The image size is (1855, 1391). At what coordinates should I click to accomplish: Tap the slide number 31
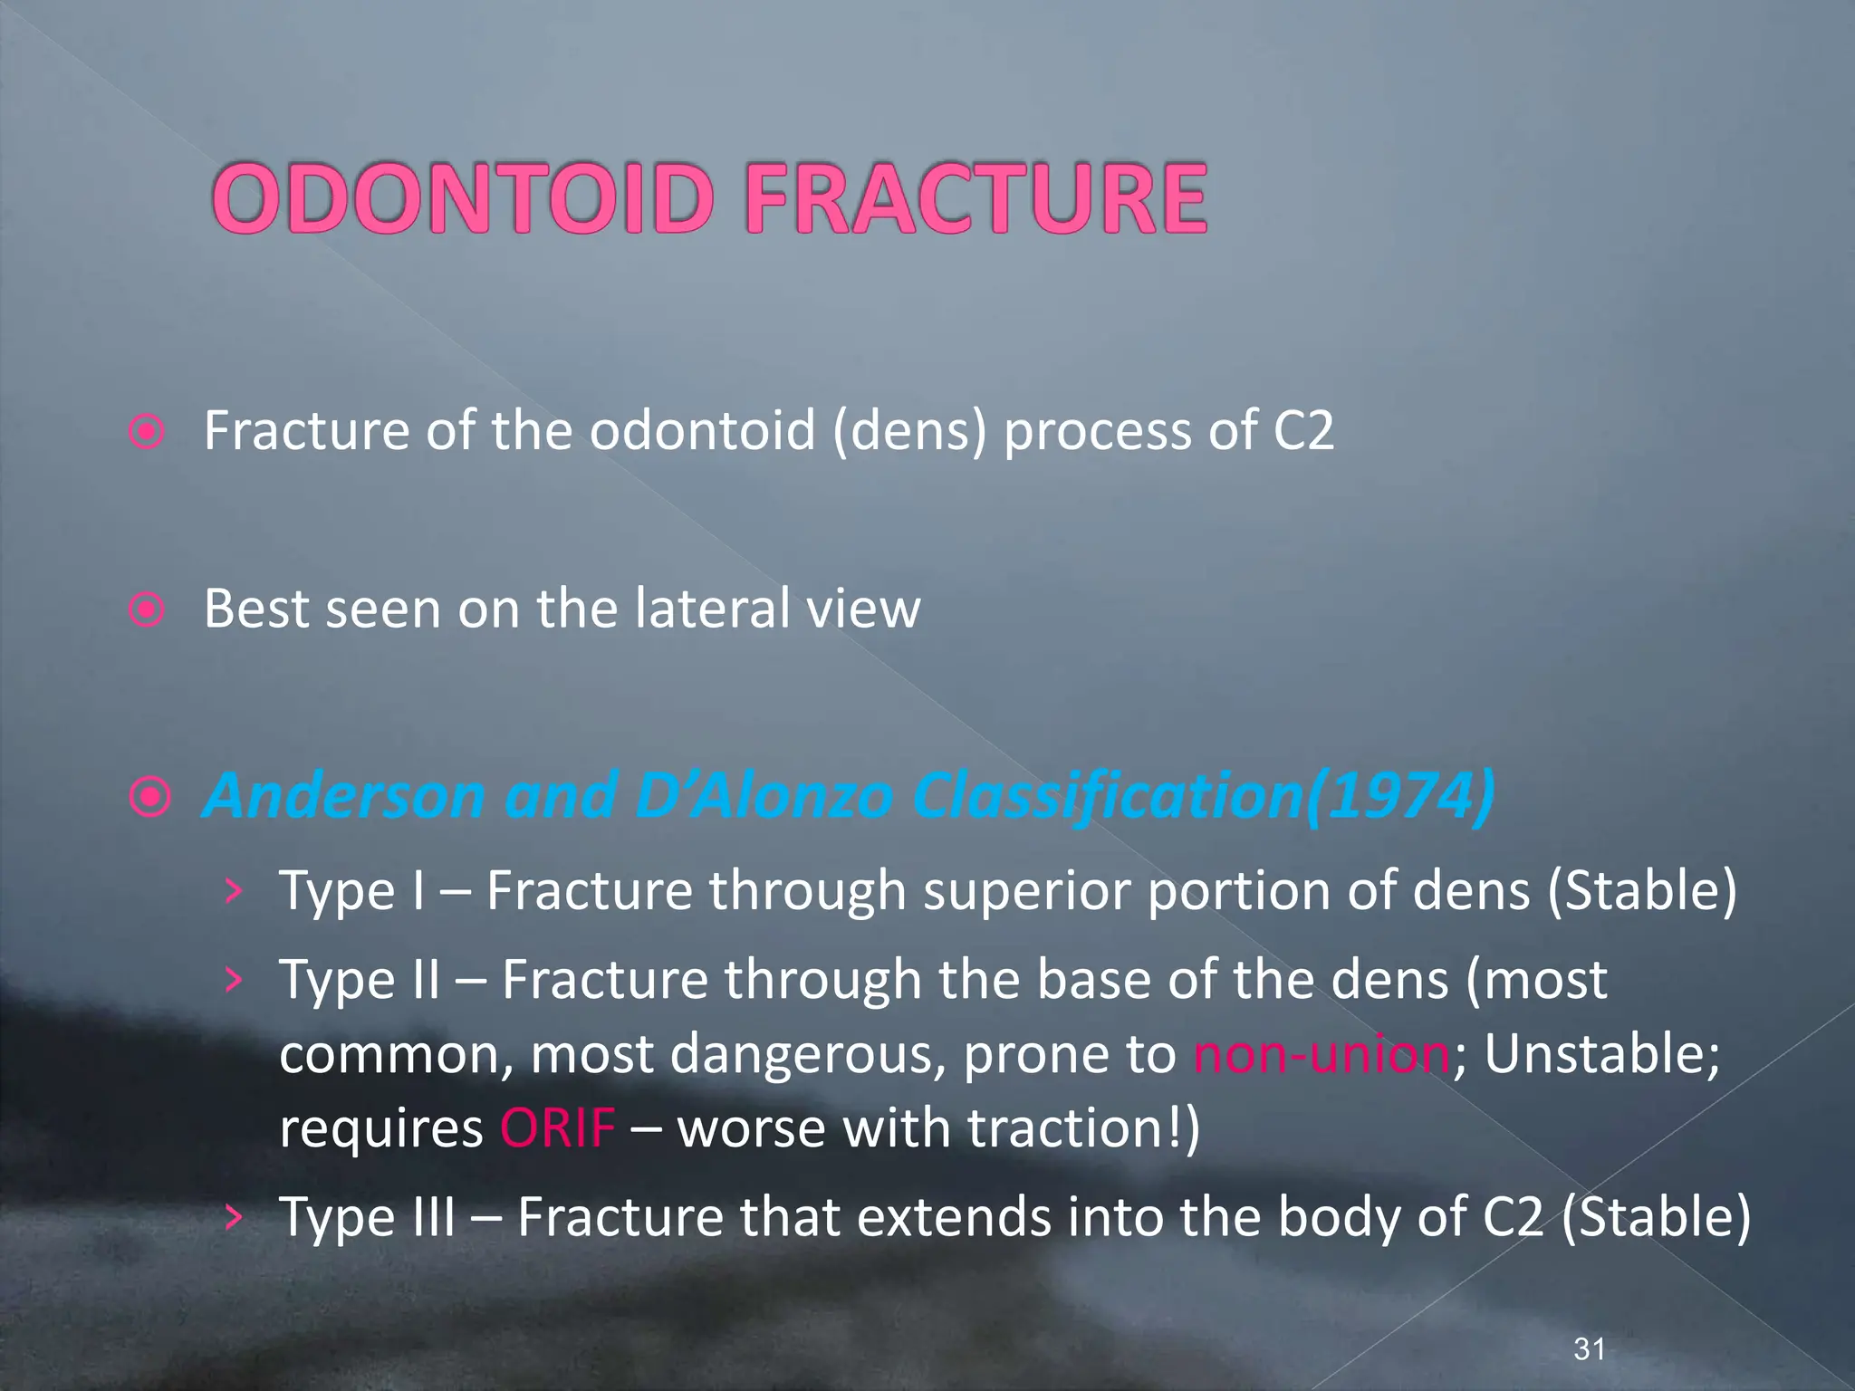click(1590, 1348)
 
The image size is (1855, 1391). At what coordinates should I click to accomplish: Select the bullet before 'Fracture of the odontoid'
click(147, 432)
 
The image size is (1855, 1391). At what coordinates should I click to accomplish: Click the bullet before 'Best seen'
click(147, 609)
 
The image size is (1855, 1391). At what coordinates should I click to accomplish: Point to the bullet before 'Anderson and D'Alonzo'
click(149, 798)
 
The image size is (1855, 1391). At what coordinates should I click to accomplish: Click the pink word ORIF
click(557, 1128)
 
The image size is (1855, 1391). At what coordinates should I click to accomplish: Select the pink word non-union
click(1322, 1054)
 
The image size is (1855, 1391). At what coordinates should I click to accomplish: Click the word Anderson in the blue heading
click(345, 796)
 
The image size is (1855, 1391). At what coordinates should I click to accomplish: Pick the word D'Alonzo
click(764, 796)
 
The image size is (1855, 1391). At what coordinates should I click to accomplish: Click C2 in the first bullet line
click(1303, 430)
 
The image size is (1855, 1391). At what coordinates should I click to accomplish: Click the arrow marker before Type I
click(234, 891)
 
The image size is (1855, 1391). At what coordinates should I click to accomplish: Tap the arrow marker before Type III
click(234, 1216)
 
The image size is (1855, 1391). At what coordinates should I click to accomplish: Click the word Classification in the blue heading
click(1106, 796)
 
